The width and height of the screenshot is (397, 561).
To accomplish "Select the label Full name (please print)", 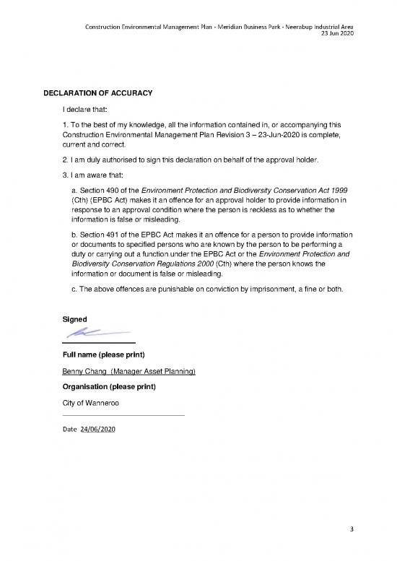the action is pyautogui.click(x=104, y=355).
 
